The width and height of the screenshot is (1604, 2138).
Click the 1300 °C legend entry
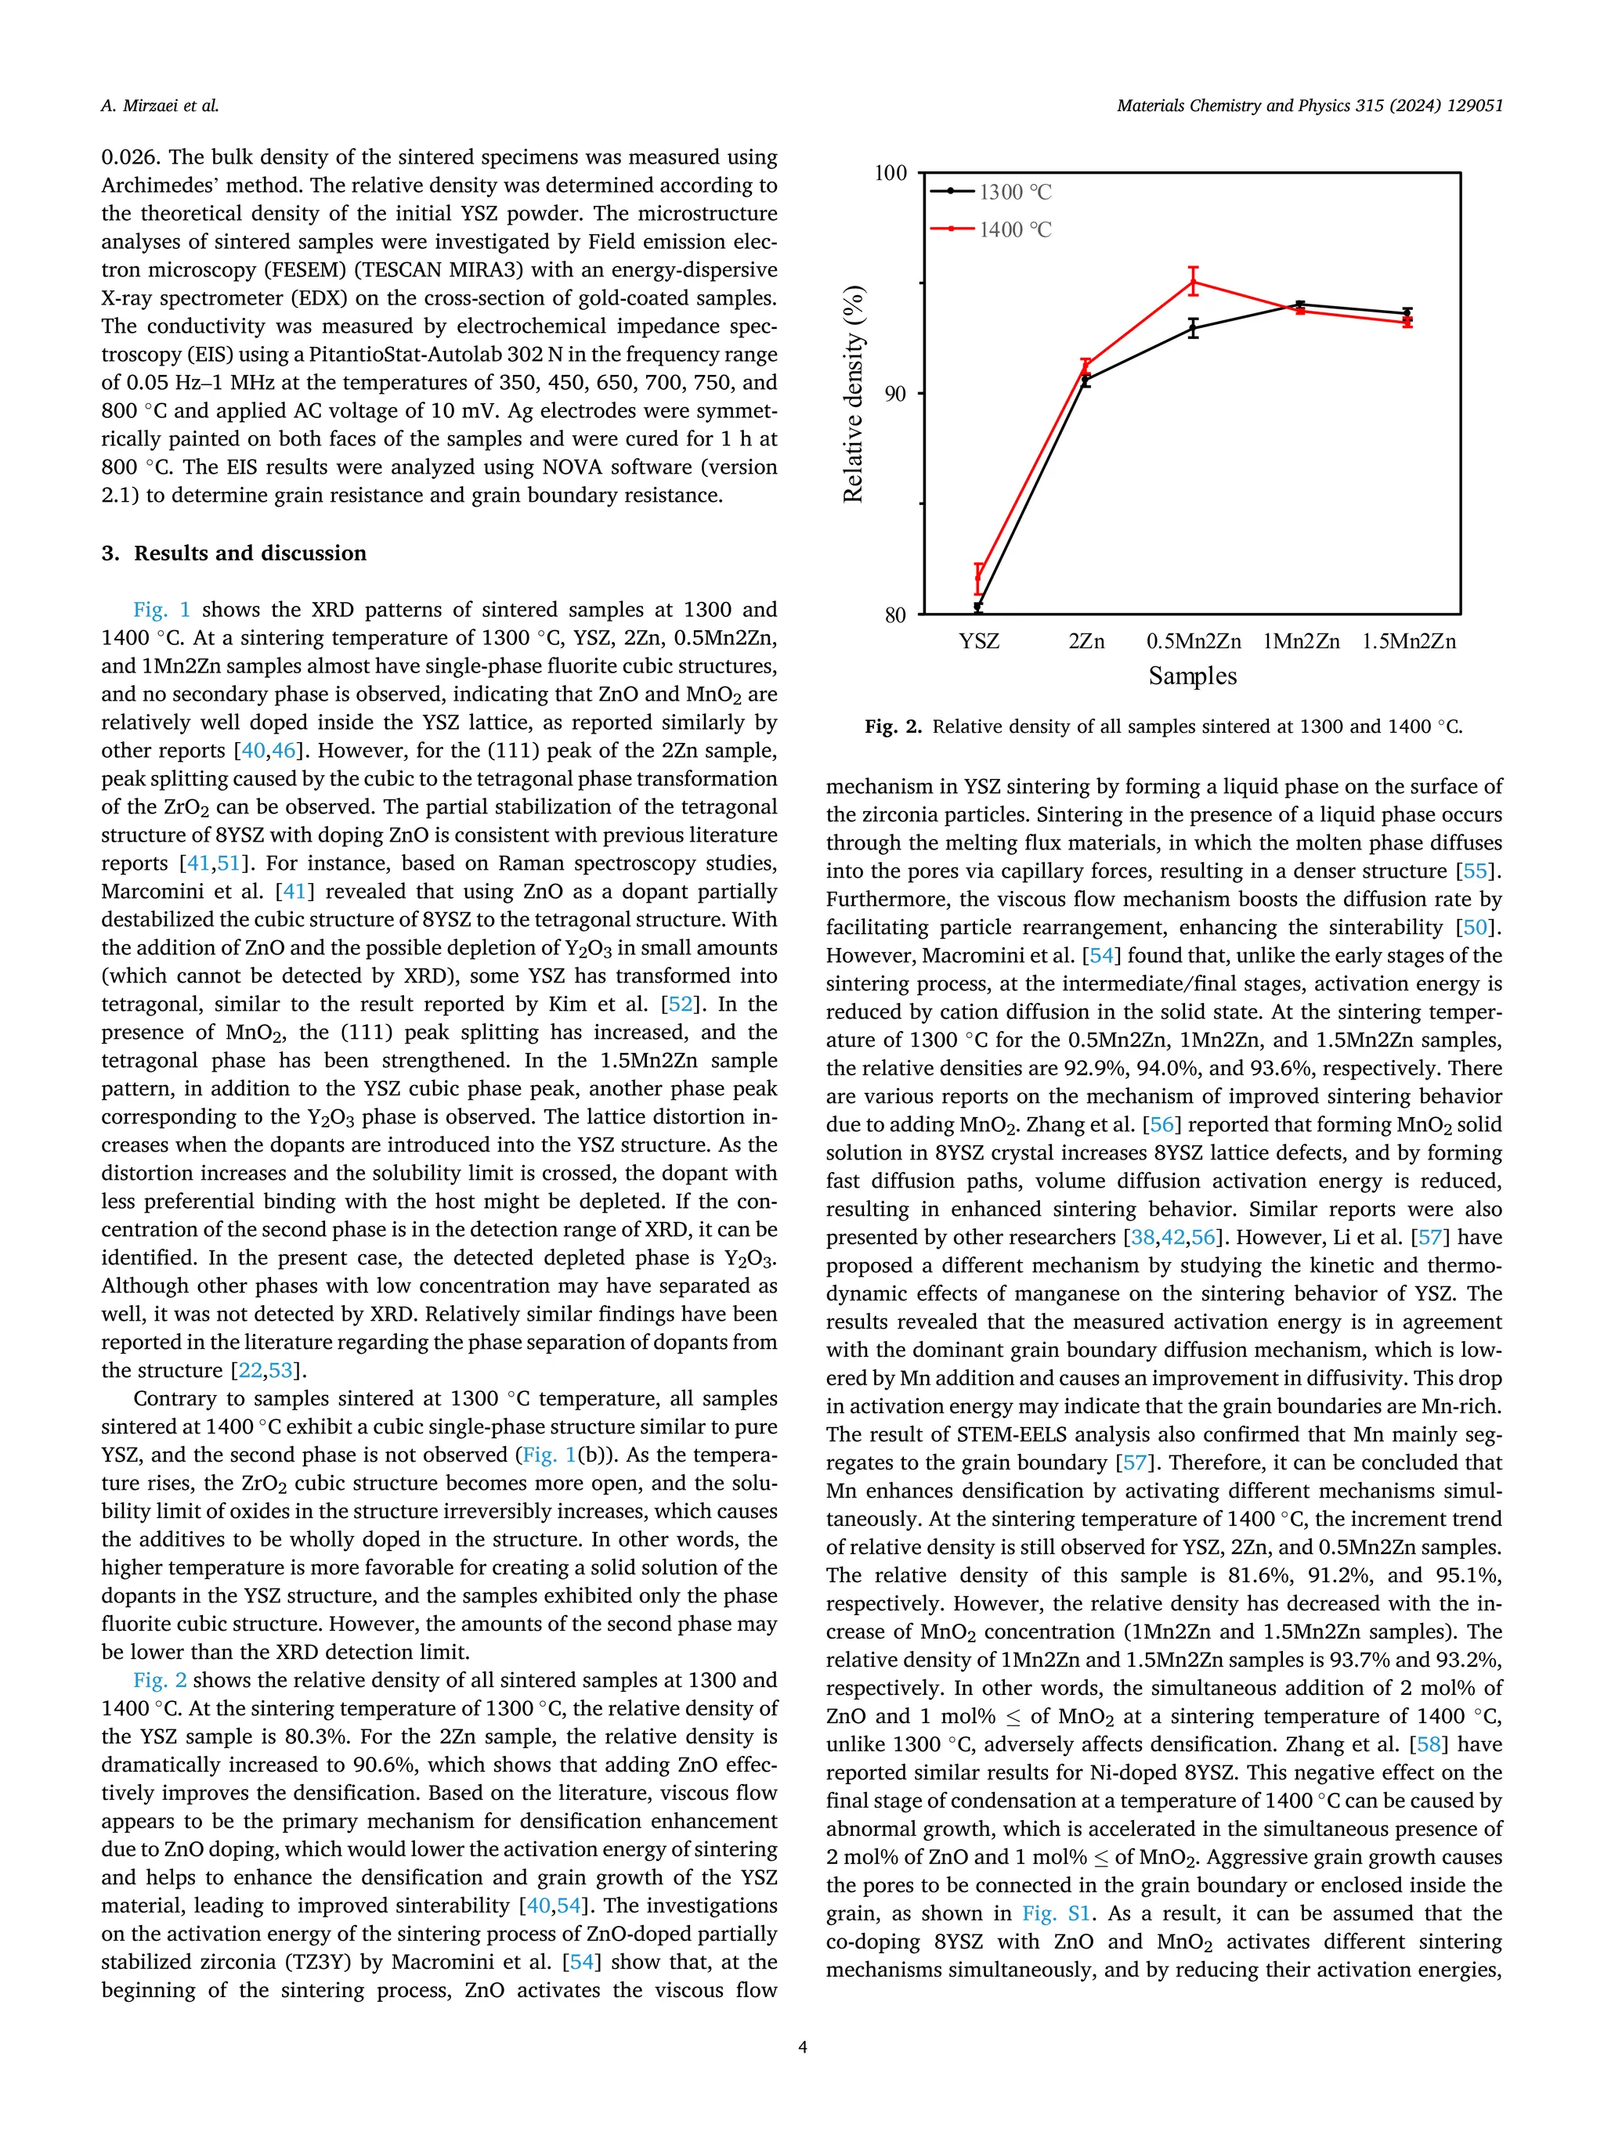[1013, 193]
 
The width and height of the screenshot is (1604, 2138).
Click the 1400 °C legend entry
[1013, 230]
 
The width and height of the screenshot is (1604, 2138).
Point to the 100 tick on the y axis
[891, 173]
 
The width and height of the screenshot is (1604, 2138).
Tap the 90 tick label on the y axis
[895, 395]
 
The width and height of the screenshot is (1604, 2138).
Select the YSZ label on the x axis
[978, 642]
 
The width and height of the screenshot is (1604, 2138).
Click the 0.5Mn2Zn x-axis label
[1193, 642]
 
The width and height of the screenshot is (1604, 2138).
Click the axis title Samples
[1192, 676]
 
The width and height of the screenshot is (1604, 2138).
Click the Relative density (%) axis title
[853, 395]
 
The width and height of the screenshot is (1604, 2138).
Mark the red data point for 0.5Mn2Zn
[1193, 281]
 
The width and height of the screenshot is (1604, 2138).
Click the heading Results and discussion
[249, 553]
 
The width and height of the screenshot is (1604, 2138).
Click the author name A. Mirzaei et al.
[160, 106]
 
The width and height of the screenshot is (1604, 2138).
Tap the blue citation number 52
[680, 1004]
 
